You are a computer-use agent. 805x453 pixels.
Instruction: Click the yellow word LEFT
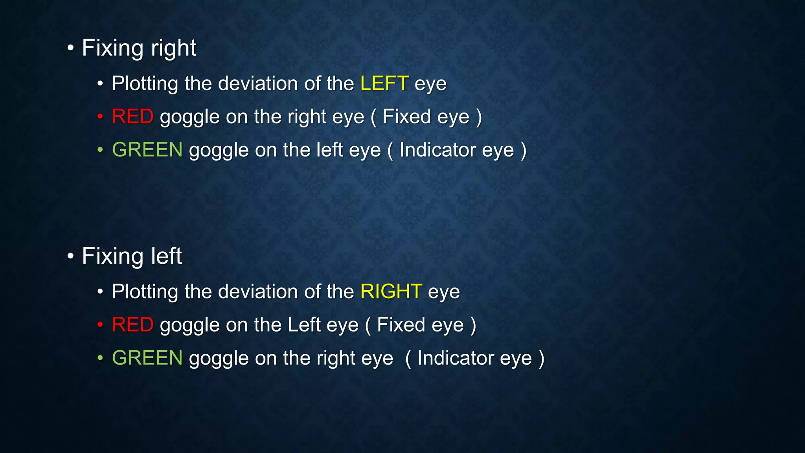(384, 83)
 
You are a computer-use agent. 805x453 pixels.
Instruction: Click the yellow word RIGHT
(391, 291)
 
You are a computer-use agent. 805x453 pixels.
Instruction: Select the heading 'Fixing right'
(139, 48)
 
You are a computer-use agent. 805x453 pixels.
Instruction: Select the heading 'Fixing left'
(132, 256)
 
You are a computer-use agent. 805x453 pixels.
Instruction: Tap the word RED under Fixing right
(132, 117)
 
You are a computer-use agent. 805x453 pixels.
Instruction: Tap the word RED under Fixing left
(132, 325)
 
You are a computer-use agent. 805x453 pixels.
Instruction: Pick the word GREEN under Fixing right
(147, 150)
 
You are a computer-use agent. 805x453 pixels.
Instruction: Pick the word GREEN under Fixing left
(147, 358)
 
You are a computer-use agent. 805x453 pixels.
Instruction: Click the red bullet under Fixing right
(100, 117)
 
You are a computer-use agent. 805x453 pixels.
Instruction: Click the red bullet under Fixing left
(100, 325)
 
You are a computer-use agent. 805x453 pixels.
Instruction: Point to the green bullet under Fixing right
(100, 150)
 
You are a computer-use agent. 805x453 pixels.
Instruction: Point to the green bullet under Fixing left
(100, 358)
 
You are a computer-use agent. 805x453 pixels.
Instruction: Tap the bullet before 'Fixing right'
(70, 48)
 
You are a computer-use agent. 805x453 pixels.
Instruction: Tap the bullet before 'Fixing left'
(70, 256)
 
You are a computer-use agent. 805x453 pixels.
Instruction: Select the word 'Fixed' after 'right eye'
(406, 117)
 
